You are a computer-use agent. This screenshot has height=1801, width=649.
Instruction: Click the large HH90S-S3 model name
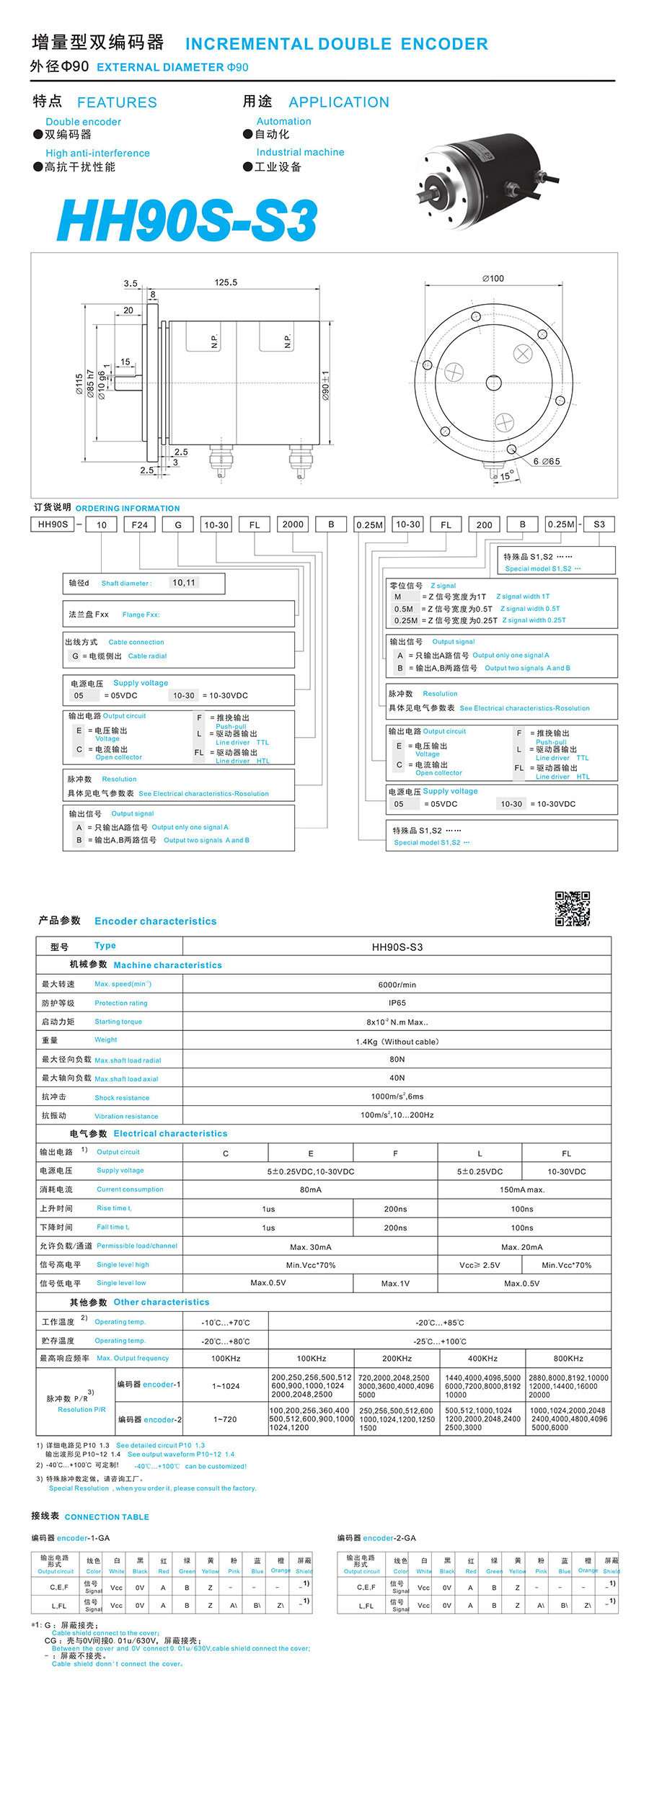[187, 220]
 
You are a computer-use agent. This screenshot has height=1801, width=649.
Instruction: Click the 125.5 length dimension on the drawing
[226, 282]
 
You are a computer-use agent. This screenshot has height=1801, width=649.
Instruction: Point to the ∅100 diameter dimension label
[493, 278]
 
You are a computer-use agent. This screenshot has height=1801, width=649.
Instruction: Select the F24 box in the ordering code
[140, 524]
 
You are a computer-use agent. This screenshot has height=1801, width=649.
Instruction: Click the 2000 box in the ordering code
[293, 524]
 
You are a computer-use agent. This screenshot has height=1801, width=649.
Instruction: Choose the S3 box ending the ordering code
[599, 524]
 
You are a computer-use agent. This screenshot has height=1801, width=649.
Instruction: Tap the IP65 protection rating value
[397, 1003]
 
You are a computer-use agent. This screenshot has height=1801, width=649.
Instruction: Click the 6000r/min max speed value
[397, 984]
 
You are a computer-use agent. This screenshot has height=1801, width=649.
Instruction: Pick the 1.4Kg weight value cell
[397, 1041]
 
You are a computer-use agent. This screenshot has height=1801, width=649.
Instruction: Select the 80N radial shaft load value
[397, 1059]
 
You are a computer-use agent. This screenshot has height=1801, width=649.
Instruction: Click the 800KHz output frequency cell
[568, 1358]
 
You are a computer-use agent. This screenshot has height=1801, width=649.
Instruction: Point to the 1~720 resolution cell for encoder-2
[225, 1418]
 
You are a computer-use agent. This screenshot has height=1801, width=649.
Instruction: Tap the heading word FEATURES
[117, 102]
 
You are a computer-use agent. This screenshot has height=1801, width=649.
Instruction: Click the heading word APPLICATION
[339, 102]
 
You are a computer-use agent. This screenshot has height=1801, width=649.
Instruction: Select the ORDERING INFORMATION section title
[128, 508]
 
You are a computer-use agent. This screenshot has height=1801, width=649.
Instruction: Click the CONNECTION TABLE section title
[107, 1516]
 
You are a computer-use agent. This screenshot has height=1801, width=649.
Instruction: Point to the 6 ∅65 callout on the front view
[547, 461]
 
